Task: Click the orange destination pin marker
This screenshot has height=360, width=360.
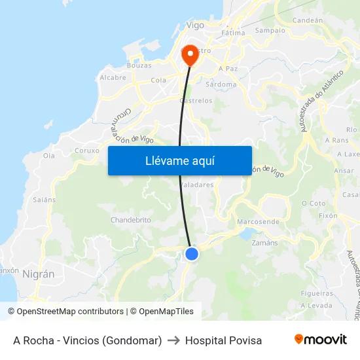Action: pyautogui.click(x=190, y=55)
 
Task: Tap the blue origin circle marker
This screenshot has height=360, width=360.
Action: pyautogui.click(x=192, y=253)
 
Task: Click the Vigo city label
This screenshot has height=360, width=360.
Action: pyautogui.click(x=195, y=26)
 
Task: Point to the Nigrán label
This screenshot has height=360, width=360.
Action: pyautogui.click(x=38, y=274)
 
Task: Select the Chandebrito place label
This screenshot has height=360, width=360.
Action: pyautogui.click(x=131, y=220)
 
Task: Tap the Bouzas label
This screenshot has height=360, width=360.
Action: pyautogui.click(x=139, y=65)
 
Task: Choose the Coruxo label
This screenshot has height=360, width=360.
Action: pyautogui.click(x=87, y=150)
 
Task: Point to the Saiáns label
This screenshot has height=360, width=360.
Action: pyautogui.click(x=44, y=199)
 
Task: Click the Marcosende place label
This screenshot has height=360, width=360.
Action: pyautogui.click(x=257, y=222)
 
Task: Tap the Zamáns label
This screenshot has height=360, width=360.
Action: pyautogui.click(x=264, y=242)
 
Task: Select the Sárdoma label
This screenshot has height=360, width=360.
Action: pyautogui.click(x=221, y=84)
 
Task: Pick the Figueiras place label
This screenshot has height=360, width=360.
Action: pyautogui.click(x=317, y=293)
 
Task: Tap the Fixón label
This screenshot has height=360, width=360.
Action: pyautogui.click(x=327, y=215)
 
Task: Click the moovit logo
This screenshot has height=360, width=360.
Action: pyautogui.click(x=320, y=340)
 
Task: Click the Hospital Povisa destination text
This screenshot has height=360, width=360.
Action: pyautogui.click(x=223, y=340)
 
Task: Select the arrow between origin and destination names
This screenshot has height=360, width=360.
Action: pyautogui.click(x=173, y=340)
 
